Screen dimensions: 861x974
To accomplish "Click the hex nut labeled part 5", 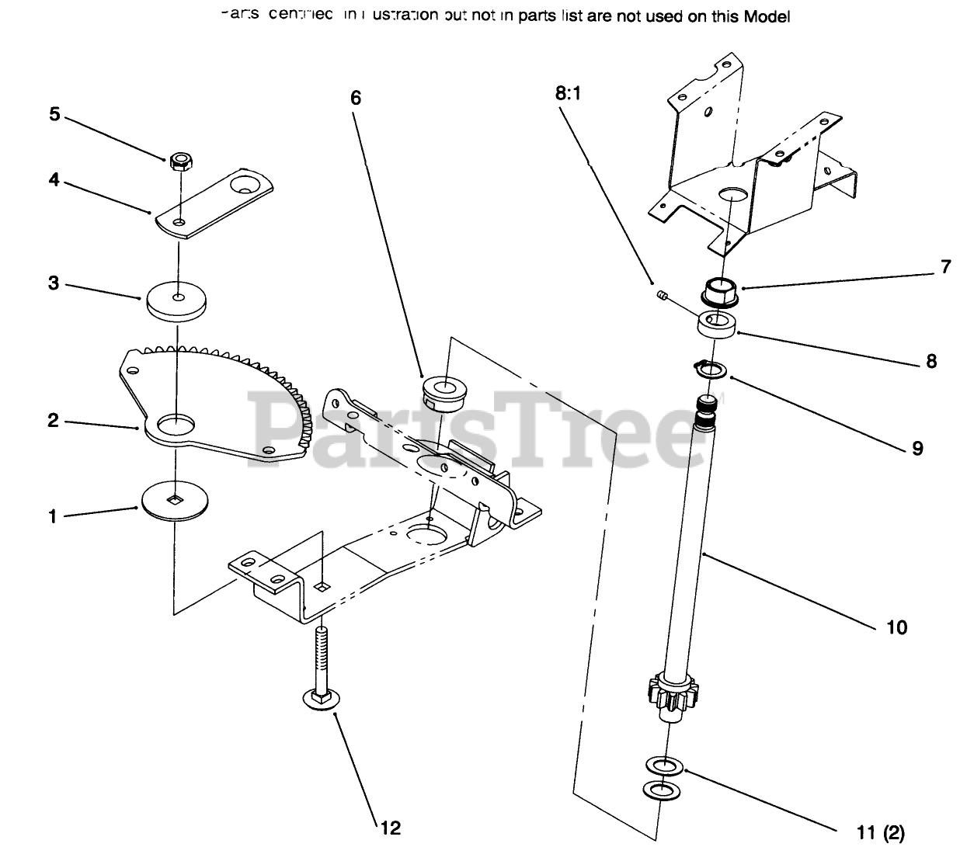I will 179,161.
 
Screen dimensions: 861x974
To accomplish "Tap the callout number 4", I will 54,179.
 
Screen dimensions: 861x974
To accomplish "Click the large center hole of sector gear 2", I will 176,424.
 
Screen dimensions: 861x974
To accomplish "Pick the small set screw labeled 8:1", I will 663,295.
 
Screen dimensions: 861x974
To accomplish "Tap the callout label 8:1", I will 568,95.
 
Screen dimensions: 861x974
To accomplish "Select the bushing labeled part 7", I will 719,293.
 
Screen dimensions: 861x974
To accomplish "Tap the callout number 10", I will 896,627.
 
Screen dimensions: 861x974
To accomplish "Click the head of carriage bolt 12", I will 319,700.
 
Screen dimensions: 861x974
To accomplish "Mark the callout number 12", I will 390,828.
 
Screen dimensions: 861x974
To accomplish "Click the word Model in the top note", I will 767,16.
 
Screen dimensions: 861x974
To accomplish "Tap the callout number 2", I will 54,420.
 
